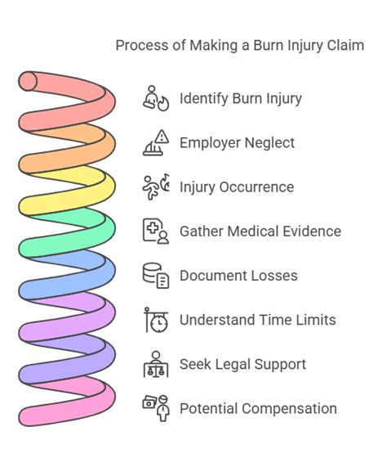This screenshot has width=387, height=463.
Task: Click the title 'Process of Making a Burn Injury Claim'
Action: point(239,45)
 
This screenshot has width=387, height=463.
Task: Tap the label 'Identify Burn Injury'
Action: point(240,99)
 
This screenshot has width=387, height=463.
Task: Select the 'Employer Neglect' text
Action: point(237,143)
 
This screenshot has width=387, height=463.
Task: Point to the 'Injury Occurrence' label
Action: point(236,187)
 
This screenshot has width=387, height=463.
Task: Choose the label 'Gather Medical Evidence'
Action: point(260,231)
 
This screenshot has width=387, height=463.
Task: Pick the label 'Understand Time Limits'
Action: point(257,320)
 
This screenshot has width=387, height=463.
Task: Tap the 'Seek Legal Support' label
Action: point(242,364)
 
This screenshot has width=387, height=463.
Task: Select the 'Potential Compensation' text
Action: point(257,408)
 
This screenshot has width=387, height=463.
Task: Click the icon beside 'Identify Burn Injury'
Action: point(155,98)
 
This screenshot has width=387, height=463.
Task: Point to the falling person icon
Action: point(155,187)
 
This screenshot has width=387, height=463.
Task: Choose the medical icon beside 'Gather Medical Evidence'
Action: point(155,231)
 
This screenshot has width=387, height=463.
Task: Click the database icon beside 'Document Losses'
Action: point(155,276)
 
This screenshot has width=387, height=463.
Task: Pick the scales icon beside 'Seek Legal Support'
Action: point(155,364)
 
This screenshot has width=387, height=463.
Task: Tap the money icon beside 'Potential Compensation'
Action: point(155,407)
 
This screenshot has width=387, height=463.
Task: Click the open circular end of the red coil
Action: point(29,81)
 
